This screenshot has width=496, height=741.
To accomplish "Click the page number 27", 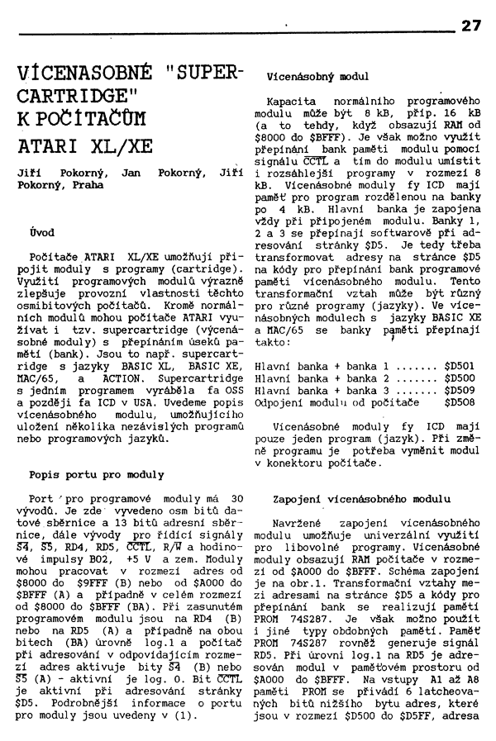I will click(470, 26).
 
